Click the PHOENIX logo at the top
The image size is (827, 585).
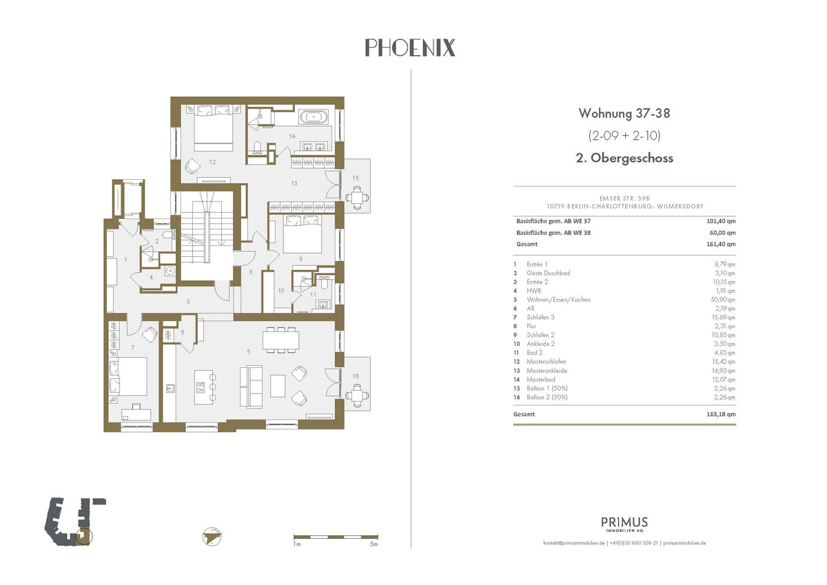tap(410, 48)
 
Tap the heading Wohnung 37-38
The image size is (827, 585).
tap(624, 113)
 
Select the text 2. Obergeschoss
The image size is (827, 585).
tap(624, 158)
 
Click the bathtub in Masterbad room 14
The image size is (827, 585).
tap(314, 117)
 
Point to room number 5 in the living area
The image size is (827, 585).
tap(249, 351)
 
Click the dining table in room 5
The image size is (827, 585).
tap(281, 339)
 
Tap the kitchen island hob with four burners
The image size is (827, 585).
tap(201, 387)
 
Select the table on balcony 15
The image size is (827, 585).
tap(357, 198)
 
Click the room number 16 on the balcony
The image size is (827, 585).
tap(356, 376)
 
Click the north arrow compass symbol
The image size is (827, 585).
tap(212, 536)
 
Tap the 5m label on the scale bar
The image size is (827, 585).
tap(374, 544)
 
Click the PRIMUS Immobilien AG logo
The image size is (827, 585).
tap(624, 524)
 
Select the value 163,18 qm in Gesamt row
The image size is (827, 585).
tap(721, 414)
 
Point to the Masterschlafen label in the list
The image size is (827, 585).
tap(546, 362)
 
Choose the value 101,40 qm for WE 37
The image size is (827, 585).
tap(721, 221)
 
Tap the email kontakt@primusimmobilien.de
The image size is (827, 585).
tap(573, 543)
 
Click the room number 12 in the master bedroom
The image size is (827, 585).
tap(212, 162)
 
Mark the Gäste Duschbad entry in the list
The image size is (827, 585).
tap(549, 273)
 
